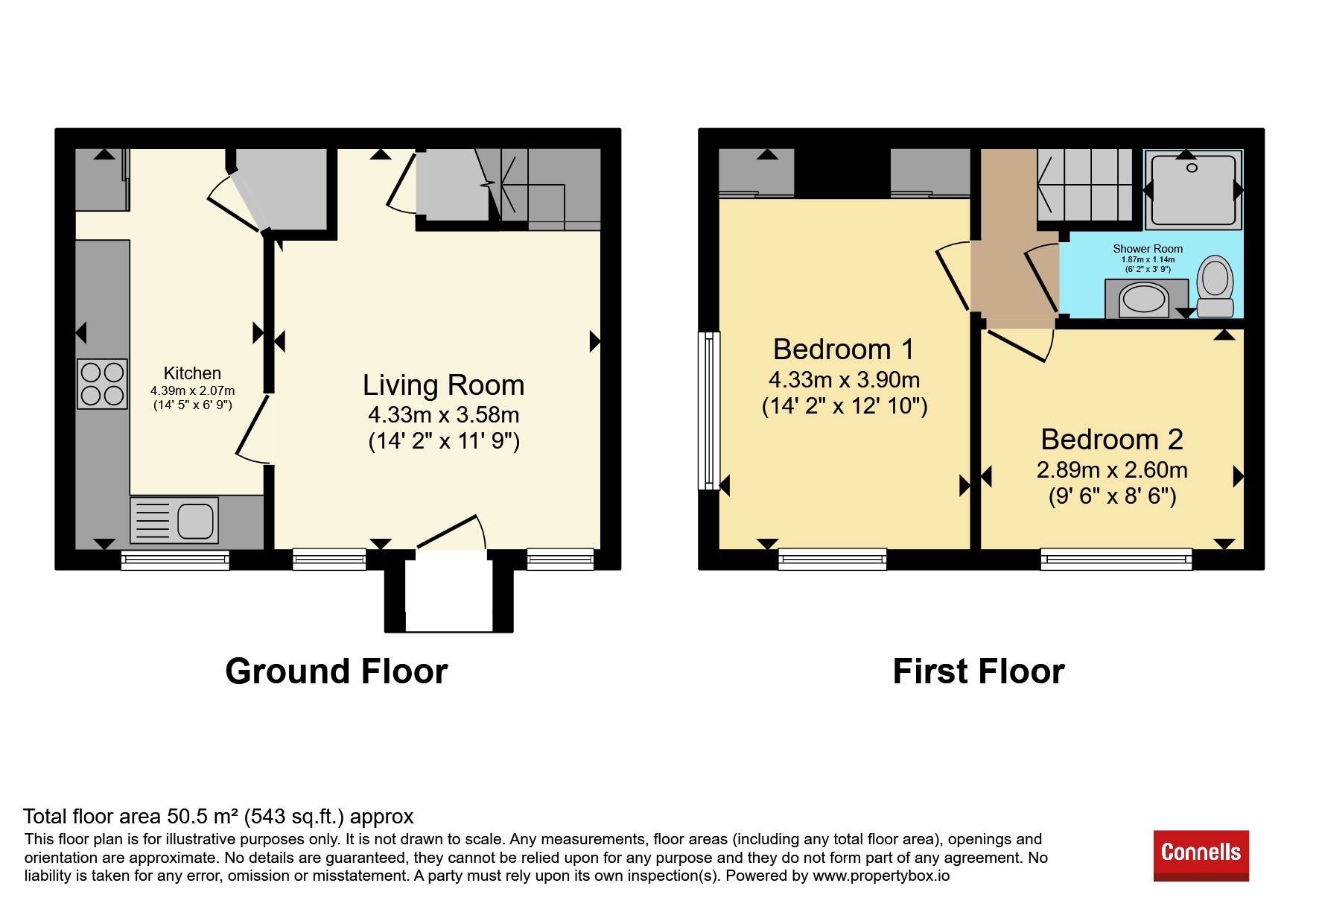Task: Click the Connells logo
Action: point(1201,855)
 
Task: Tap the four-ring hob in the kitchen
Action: point(103,384)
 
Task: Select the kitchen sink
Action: point(174,520)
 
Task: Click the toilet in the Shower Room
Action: point(1215,286)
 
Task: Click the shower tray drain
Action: point(1192,168)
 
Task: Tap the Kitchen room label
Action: point(192,373)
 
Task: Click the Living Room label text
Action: point(444,385)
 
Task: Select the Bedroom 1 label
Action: point(843,349)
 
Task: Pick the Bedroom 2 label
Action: point(1112,439)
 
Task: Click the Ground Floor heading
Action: point(337,671)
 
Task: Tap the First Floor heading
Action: point(979,671)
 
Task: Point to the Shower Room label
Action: point(1148,249)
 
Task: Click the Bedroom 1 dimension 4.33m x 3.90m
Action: point(845,380)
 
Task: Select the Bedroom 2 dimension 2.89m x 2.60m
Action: point(1112,470)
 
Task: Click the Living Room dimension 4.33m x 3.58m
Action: point(444,415)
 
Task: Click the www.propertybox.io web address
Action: point(881,876)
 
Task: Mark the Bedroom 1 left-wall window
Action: point(709,411)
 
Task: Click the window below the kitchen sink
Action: point(175,560)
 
